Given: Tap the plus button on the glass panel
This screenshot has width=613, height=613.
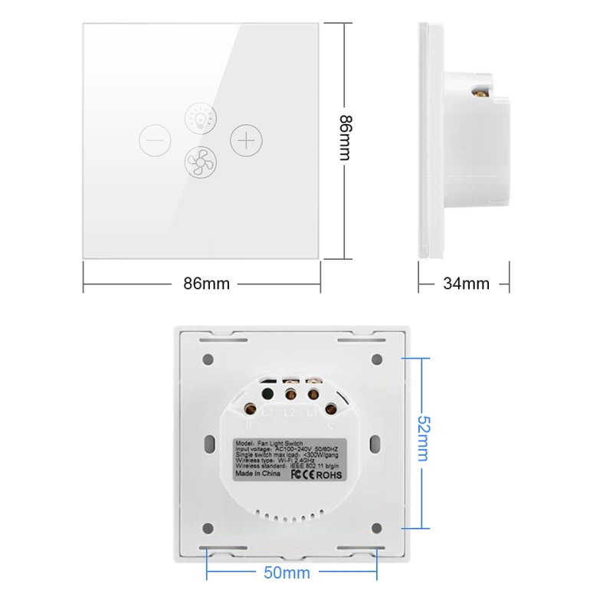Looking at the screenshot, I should click(246, 141).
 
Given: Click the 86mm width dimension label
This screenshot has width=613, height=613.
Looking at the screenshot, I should click(206, 284).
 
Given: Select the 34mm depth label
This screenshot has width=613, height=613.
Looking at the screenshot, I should click(466, 284).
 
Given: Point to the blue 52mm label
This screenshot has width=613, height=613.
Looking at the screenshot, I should click(422, 438).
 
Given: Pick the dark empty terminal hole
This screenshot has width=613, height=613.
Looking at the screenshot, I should click(267, 395).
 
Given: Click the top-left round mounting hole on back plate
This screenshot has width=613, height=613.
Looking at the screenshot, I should click(208, 359).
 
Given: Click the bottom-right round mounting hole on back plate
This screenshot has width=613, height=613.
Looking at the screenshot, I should click(377, 528).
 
